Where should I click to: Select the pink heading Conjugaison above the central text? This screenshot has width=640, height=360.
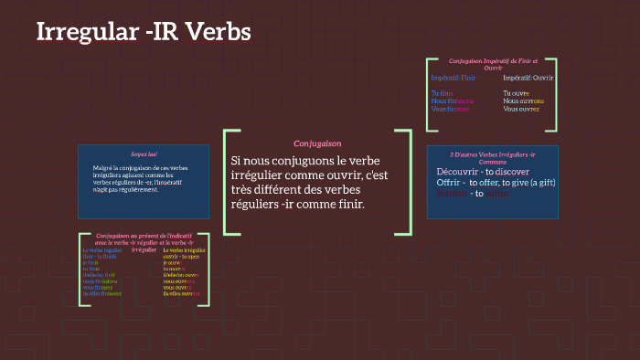pos(317,143)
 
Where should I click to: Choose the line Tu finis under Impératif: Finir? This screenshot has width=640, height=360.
pos(443,93)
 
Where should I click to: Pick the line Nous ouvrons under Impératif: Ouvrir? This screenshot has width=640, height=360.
pos(523,101)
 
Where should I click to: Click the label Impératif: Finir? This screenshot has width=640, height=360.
pos(453,78)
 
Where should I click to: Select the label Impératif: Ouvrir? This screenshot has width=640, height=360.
pos(528,78)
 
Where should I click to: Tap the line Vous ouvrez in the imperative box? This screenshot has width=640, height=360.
pos(521,109)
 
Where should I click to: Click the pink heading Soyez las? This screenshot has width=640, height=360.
pos(144,154)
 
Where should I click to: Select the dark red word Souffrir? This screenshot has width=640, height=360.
pos(453,193)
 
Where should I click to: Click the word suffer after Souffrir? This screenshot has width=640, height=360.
pos(496,193)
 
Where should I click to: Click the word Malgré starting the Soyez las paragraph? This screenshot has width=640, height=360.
pos(102,168)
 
